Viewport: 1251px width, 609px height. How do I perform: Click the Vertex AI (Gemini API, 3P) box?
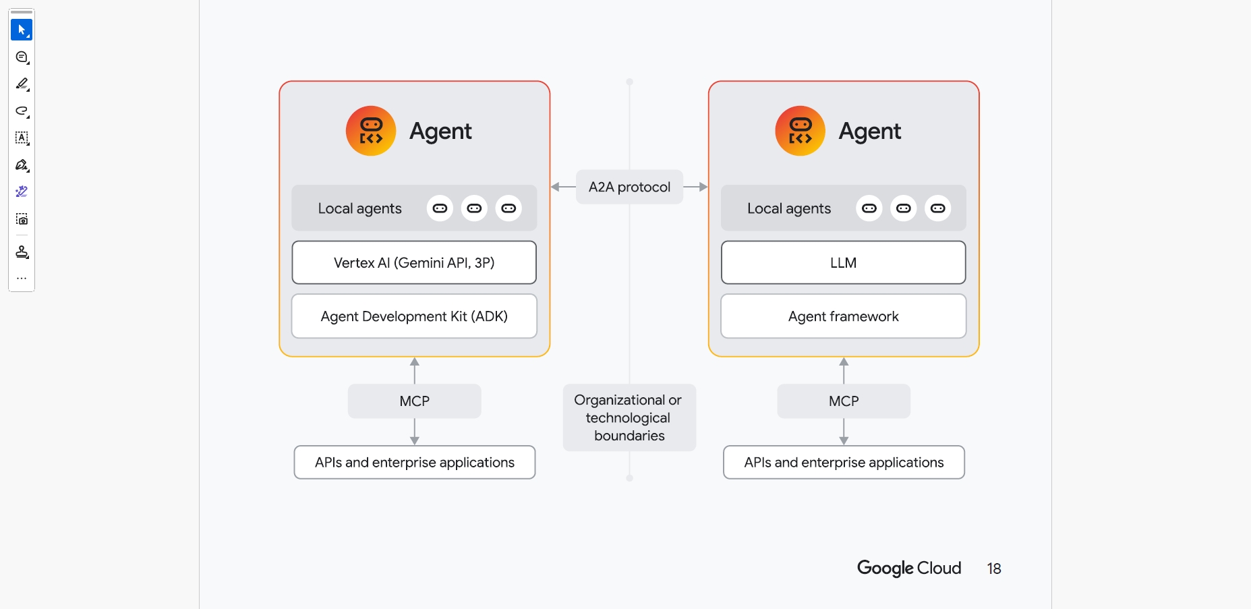[x=414, y=263]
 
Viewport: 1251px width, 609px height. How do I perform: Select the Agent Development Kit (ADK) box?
[x=414, y=316]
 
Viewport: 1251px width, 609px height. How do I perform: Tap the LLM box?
[x=843, y=263]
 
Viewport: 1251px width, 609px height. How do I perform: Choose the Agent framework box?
[x=843, y=316]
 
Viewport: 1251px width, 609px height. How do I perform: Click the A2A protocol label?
[x=629, y=187]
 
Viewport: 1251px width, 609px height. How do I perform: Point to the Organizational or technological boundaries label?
[x=629, y=417]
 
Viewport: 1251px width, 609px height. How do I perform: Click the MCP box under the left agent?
[x=414, y=401]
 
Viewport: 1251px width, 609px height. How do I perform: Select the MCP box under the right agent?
[x=844, y=401]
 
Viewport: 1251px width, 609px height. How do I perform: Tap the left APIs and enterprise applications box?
[x=414, y=463]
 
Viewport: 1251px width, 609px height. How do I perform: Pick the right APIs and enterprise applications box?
[x=844, y=463]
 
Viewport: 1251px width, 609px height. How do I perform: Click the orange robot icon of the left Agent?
[x=371, y=131]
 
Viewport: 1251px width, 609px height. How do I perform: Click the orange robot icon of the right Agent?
[x=800, y=131]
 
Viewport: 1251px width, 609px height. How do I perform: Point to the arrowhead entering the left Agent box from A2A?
[x=555, y=187]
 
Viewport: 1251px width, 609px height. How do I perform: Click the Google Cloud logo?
[x=908, y=569]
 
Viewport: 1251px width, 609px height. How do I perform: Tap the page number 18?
[x=993, y=569]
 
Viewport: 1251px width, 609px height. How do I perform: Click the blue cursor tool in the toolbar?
[x=22, y=30]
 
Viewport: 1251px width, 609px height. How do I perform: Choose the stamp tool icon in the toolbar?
[x=22, y=252]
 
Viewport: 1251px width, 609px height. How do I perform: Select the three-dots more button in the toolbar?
[x=22, y=278]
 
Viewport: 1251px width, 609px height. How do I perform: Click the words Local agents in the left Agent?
[x=359, y=209]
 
